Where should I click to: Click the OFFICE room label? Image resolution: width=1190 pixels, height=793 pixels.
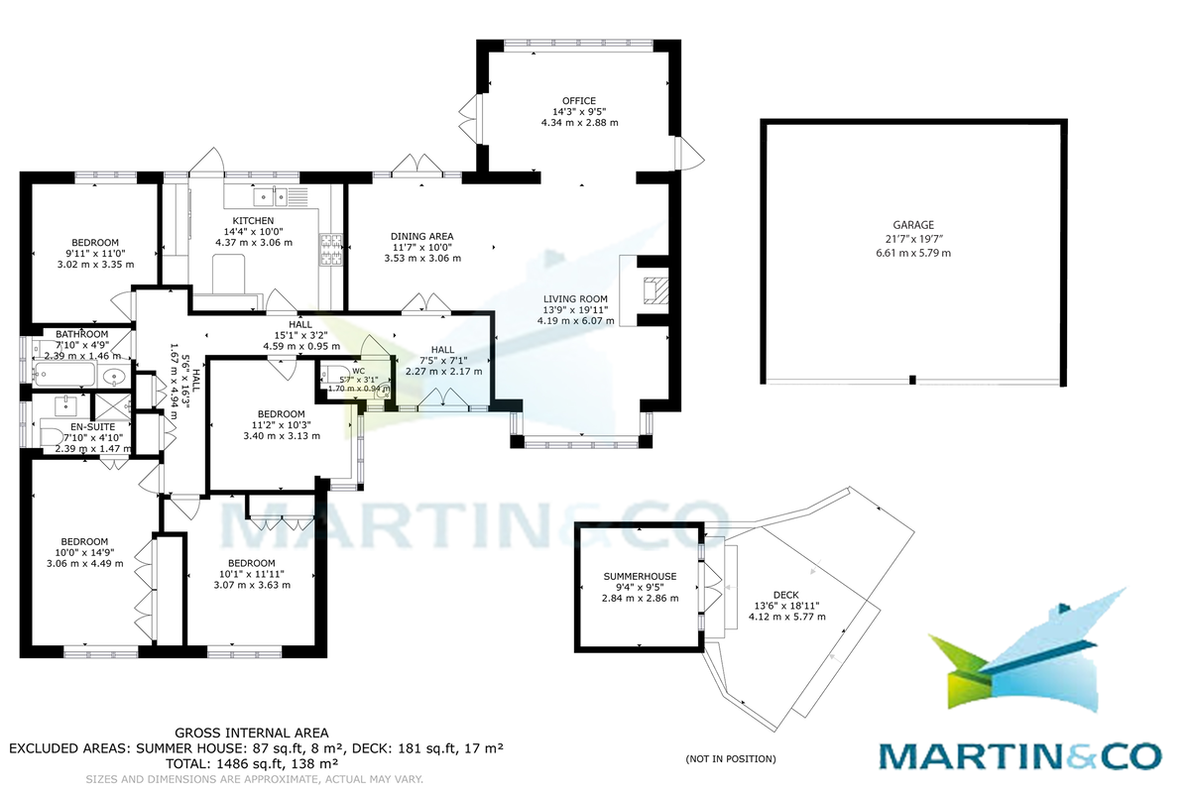pos(579,101)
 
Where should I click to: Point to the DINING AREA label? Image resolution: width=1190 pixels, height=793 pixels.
pos(422,236)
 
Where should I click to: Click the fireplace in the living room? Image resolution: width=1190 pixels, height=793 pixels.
pos(651,289)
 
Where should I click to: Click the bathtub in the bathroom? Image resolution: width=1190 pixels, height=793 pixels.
pos(63,375)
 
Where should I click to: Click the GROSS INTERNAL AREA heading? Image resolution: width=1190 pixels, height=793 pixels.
pos(251,734)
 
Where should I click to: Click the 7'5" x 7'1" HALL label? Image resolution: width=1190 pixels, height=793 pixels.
pos(443,349)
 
